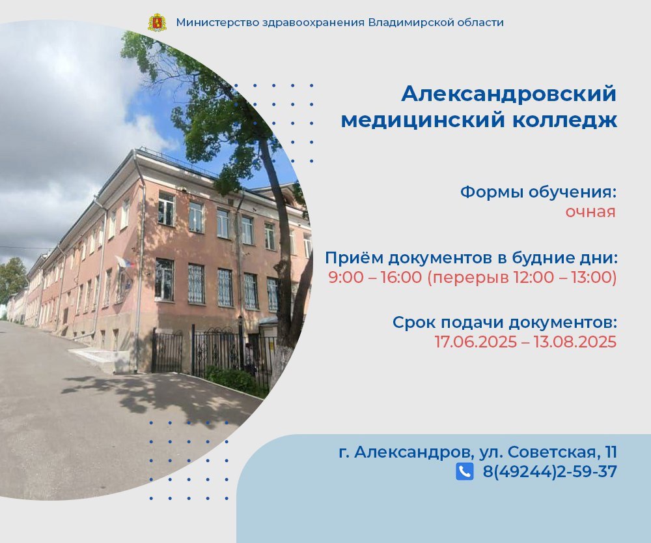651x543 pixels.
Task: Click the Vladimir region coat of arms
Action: pos(157,22)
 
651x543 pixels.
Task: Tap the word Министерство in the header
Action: pos(218,22)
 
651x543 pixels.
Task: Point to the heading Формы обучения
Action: pos(538,192)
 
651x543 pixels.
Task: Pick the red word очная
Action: pos(590,212)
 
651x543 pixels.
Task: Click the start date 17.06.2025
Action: pos(476,342)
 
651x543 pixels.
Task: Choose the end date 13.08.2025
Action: pos(575,342)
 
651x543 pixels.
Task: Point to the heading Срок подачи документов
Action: pos(505,323)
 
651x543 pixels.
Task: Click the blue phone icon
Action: pos(465,471)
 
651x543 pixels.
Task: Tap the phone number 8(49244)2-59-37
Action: pos(549,472)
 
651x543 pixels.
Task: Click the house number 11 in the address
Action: pos(611,452)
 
